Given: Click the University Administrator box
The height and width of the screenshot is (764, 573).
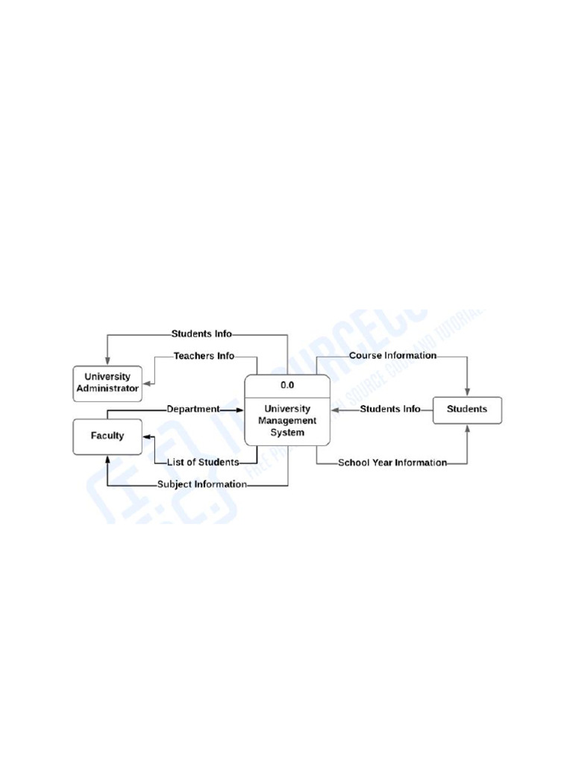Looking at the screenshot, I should tap(107, 383).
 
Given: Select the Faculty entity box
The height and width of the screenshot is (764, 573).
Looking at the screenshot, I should tap(107, 436).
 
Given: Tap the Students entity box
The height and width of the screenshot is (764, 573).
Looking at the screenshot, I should tap(467, 409).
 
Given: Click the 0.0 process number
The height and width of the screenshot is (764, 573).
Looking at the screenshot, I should tap(287, 386).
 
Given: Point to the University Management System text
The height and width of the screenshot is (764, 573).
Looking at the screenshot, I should tap(287, 421).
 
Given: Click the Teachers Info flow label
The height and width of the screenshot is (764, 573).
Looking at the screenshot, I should tap(204, 356).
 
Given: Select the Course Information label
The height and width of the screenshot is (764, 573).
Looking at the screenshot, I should tap(392, 356).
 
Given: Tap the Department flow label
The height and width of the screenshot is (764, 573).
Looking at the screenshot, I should tap(192, 409).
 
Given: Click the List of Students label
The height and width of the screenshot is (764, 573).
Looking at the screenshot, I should tap(202, 462).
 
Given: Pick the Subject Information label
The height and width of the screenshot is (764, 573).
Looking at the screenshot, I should tap(201, 484).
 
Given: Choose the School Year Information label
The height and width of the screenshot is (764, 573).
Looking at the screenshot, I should tap(392, 463).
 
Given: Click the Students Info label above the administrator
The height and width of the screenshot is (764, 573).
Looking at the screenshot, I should tap(201, 334).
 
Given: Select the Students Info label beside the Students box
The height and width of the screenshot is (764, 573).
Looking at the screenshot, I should tap(389, 409).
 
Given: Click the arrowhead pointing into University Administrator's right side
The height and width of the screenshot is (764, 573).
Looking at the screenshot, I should tap(147, 385).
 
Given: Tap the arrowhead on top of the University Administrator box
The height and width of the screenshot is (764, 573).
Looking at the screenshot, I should tap(107, 361).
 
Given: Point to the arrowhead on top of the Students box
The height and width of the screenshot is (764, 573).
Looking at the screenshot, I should tap(468, 392).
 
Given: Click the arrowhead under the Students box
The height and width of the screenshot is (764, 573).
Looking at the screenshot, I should tap(468, 428).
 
